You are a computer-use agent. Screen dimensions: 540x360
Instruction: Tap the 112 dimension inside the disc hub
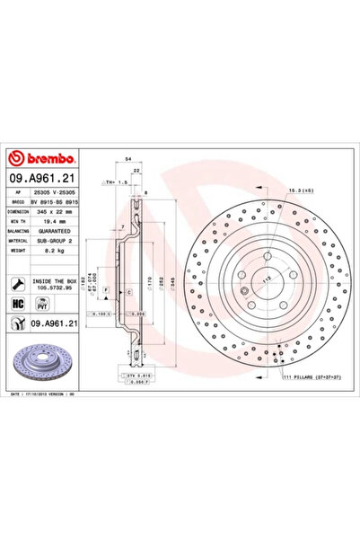266,279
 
